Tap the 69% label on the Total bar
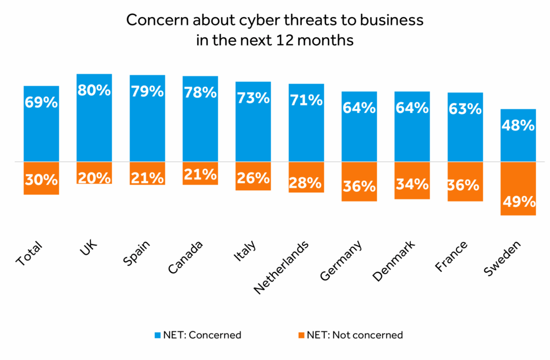tap(41, 102)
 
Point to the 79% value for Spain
tap(147, 91)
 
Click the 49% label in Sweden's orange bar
tap(518, 202)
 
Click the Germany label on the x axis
tap(341, 261)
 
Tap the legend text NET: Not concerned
tap(354, 335)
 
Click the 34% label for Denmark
tap(412, 184)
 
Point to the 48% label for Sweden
tap(518, 125)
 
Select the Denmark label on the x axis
tap(394, 261)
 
